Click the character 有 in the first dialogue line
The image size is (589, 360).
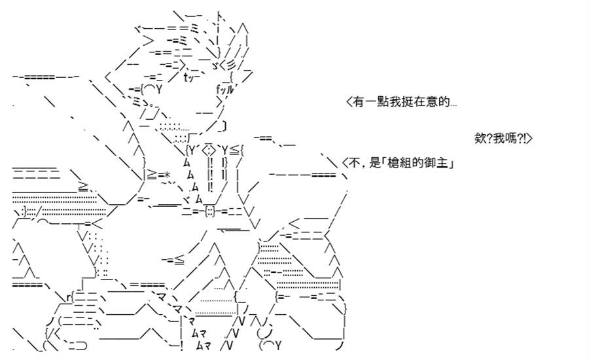pyautogui.click(x=358, y=101)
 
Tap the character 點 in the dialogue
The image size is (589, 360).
pyautogui.click(x=382, y=101)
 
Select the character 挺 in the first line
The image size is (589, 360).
pyautogui.click(x=407, y=101)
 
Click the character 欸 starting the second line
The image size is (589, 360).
pyautogui.click(x=480, y=138)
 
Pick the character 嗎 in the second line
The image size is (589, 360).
pyautogui.click(x=511, y=138)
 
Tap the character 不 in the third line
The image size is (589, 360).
pyautogui.click(x=355, y=163)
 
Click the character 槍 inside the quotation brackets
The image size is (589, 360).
pyautogui.click(x=393, y=163)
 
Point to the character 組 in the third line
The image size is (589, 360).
pyautogui.click(x=405, y=163)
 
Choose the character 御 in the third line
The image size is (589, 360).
pyautogui.click(x=430, y=163)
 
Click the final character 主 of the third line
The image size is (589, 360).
pyautogui.click(x=442, y=163)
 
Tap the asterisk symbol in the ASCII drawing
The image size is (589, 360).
pyautogui.click(x=167, y=175)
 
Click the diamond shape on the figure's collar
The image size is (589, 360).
pyautogui.click(x=209, y=151)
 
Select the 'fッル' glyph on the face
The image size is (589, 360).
pyautogui.click(x=224, y=90)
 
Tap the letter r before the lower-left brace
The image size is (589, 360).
pyautogui.click(x=68, y=298)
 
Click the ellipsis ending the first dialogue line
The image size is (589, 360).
pyautogui.click(x=454, y=105)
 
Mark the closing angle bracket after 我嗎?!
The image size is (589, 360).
pyautogui.click(x=529, y=138)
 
